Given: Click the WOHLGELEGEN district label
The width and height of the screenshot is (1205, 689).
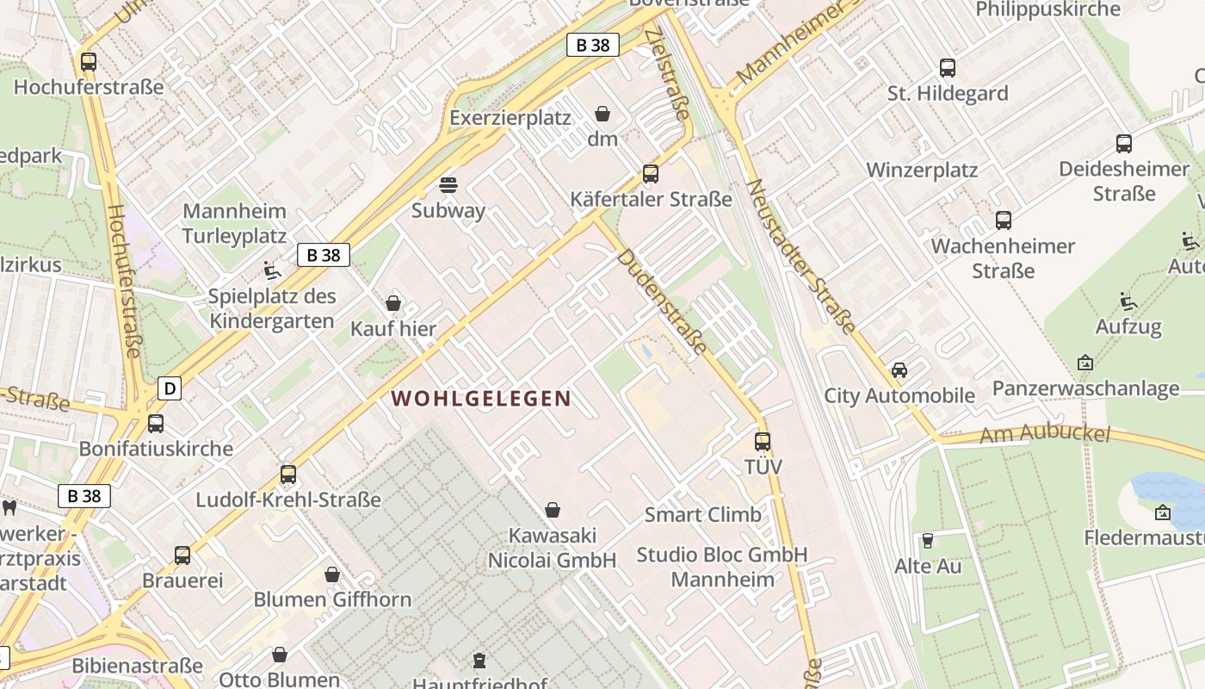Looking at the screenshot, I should [x=481, y=398].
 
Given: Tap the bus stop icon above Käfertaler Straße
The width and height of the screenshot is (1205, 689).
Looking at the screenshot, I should [x=651, y=174].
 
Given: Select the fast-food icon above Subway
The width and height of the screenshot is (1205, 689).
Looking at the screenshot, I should [x=448, y=185].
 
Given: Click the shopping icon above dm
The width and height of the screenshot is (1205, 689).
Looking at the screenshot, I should [x=602, y=114].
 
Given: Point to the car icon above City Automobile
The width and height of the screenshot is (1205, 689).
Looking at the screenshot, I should [x=899, y=370].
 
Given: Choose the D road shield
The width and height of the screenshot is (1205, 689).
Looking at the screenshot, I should [x=170, y=388].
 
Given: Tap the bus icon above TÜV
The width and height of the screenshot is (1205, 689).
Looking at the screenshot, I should [x=763, y=442].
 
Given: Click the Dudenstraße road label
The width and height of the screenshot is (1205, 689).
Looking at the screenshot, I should [x=662, y=301].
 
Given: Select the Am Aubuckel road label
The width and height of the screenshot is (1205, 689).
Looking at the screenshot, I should [x=1045, y=434].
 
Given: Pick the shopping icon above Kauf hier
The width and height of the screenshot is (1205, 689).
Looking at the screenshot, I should [x=393, y=303].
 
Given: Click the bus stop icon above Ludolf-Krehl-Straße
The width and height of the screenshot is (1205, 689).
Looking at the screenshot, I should [x=288, y=475].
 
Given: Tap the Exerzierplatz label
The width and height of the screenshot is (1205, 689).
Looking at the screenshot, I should [x=510, y=118].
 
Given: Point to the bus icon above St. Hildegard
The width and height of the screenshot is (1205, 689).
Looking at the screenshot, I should [x=948, y=68].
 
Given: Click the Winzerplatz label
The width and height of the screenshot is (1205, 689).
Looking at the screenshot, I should [x=922, y=170].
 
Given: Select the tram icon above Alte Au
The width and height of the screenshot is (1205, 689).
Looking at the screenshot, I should [x=928, y=541].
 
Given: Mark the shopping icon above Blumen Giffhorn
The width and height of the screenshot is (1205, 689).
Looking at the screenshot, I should [x=332, y=574].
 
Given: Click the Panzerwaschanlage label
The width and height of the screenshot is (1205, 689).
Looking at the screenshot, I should [x=1085, y=388].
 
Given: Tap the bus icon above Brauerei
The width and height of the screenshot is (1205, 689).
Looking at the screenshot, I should [x=182, y=556].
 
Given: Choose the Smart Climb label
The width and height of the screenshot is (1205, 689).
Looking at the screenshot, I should [x=703, y=515].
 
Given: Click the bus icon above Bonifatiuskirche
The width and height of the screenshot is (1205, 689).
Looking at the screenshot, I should [x=156, y=424].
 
